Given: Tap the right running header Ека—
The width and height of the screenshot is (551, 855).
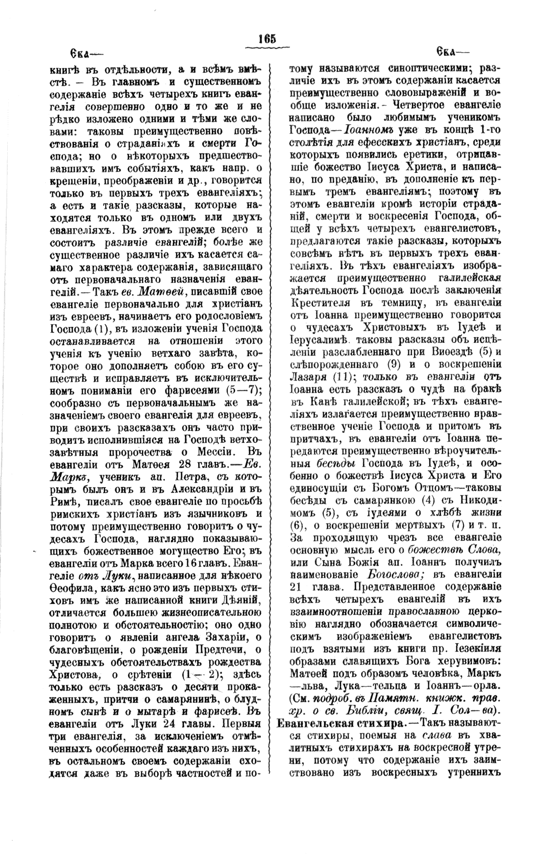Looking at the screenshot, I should point(452,52).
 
